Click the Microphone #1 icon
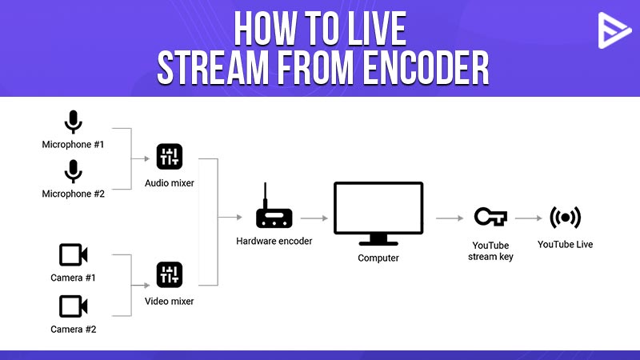[74, 122]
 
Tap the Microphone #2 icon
[74, 171]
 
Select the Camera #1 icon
[74, 255]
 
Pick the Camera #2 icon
[74, 306]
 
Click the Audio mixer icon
[170, 157]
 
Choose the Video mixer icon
[170, 274]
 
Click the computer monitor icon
[378, 214]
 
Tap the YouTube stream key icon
[490, 216]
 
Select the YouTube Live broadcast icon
[566, 217]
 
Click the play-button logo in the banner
[614, 30]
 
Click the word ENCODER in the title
[426, 68]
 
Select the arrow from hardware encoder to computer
[314, 218]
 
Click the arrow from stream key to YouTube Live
[529, 218]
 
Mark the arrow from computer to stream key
[450, 218]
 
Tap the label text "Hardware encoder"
[274, 242]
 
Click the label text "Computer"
[378, 258]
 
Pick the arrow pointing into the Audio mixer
[141, 158]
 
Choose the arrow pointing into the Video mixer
[141, 286]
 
